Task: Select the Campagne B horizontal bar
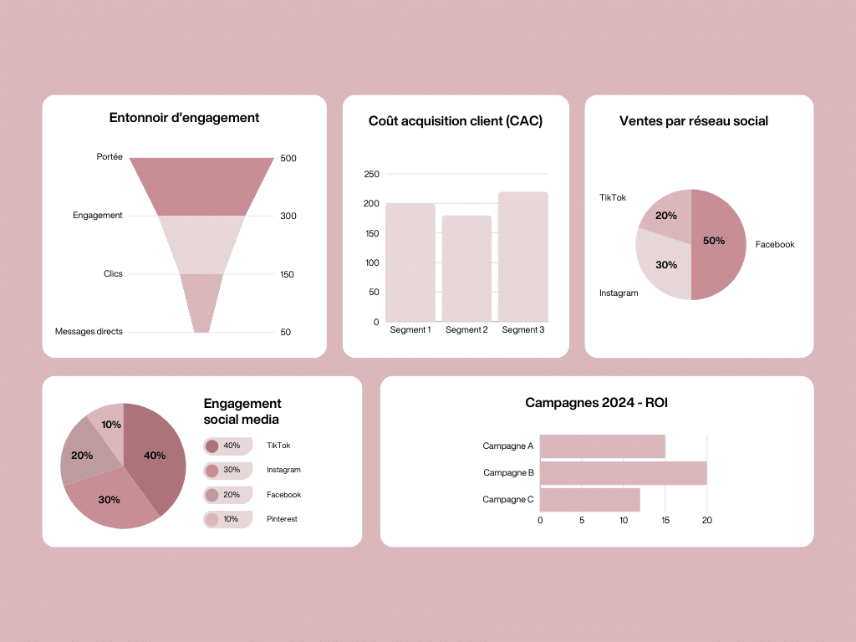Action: (623, 472)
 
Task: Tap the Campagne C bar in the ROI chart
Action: (589, 499)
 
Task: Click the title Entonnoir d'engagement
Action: (184, 118)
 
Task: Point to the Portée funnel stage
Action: (201, 186)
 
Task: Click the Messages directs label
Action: (89, 332)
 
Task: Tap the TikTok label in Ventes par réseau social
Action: (613, 198)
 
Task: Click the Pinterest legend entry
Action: (282, 519)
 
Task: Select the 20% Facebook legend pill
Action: (227, 495)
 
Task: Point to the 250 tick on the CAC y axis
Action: (371, 174)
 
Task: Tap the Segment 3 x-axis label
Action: (523, 330)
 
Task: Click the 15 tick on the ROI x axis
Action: (665, 520)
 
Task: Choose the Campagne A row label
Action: (507, 446)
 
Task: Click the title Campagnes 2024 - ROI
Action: (596, 403)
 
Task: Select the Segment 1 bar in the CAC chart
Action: (410, 263)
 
